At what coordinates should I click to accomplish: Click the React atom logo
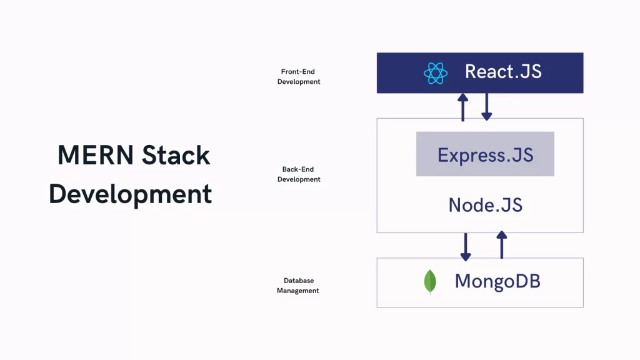click(436, 72)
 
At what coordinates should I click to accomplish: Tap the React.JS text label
click(503, 71)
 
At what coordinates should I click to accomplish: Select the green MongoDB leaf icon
click(430, 282)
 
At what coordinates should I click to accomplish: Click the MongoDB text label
click(497, 281)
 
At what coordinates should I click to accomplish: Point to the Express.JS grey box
click(485, 154)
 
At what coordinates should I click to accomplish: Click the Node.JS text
click(486, 204)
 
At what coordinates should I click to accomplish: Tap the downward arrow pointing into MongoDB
click(465, 246)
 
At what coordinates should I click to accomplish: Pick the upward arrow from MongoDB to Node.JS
click(501, 245)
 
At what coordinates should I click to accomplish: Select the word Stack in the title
click(176, 155)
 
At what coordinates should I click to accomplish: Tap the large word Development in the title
click(131, 194)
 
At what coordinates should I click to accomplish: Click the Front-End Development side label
click(299, 77)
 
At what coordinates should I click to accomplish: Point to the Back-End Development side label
click(299, 174)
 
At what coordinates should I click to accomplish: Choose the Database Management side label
click(298, 286)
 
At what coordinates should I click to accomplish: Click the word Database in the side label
click(298, 281)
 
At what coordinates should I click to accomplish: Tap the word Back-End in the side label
click(299, 169)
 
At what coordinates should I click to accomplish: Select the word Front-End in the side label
click(299, 72)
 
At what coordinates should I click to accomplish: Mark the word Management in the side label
click(298, 291)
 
